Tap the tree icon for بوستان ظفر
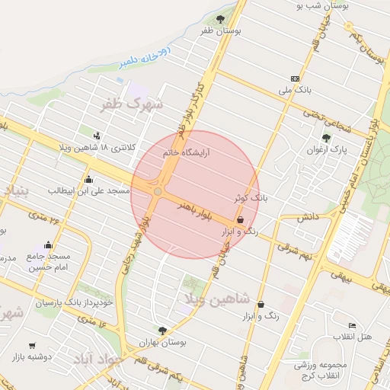[x=220, y=18]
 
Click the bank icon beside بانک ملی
[x=295, y=78]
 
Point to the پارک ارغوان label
[x=334, y=150]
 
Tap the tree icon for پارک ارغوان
[x=326, y=138]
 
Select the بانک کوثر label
[x=252, y=197]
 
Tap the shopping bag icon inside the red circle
[x=241, y=219]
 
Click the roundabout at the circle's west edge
[x=158, y=192]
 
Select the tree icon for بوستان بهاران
[x=161, y=330]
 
